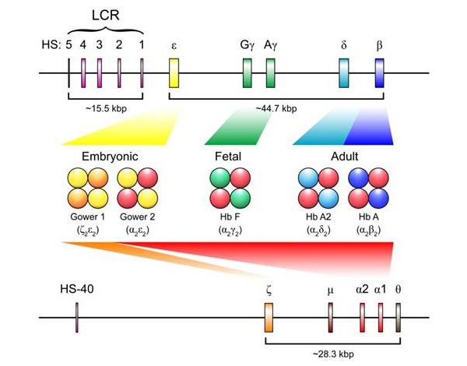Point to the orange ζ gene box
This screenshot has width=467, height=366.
(269, 318)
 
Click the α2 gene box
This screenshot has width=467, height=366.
(363, 318)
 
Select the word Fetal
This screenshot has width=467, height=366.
(230, 156)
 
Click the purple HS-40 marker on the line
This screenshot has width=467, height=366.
(77, 318)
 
